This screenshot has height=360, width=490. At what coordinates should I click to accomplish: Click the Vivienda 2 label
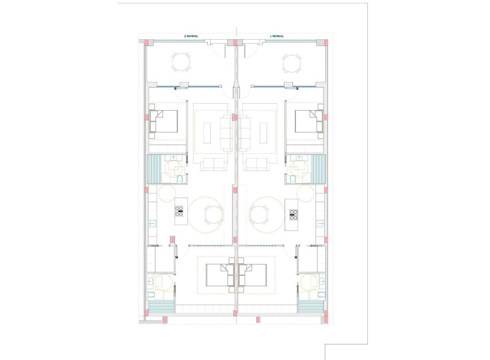190,36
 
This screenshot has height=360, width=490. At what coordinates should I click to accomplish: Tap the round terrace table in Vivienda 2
182,62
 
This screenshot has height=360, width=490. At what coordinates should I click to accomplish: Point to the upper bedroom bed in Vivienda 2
164,121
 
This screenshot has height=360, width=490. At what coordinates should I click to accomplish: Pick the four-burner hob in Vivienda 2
179,213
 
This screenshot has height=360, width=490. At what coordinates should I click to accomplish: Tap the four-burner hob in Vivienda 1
293,214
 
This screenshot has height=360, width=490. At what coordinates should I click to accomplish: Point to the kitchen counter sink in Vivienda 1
320,222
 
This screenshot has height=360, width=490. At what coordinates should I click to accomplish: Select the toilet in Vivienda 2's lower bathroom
151,295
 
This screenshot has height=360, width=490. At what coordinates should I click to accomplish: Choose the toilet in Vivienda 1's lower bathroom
320,295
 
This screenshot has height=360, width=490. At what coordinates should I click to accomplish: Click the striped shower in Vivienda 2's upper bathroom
155,169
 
